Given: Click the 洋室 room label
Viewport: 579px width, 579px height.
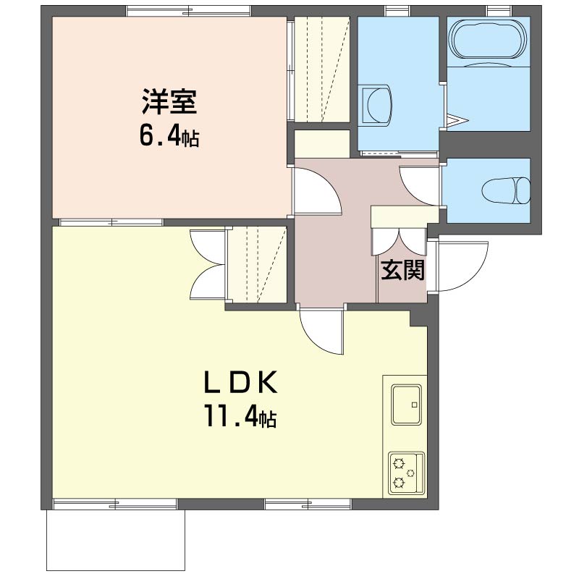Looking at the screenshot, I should (169, 102).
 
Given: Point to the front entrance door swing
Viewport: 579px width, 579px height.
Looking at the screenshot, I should (457, 265).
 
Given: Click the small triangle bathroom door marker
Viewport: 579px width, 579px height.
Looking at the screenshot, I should (458, 119).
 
